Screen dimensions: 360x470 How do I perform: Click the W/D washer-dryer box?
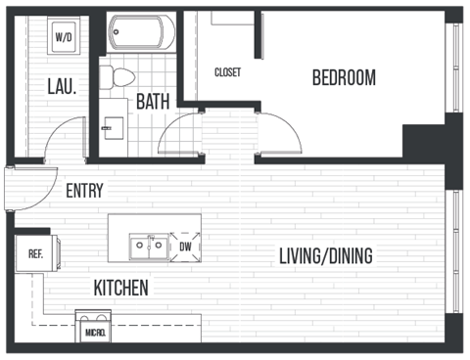[x=65, y=36]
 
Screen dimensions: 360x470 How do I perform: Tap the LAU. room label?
[x=62, y=86]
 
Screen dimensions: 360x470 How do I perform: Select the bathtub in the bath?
[x=141, y=32]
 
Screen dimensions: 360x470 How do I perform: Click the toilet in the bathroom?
[x=120, y=75]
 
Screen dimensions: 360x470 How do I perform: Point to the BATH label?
[x=153, y=101]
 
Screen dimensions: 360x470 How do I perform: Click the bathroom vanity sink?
[x=115, y=126]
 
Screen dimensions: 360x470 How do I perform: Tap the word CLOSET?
[x=228, y=72]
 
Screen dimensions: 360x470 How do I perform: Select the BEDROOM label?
[x=344, y=78]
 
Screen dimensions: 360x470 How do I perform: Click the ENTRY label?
[x=84, y=192]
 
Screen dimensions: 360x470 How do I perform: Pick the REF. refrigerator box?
[x=35, y=254]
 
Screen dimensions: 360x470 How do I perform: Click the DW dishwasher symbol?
[x=185, y=247]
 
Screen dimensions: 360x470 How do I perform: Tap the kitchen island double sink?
[x=149, y=247]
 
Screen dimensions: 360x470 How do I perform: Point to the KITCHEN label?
[x=120, y=289]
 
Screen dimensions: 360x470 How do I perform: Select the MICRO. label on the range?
[x=95, y=333]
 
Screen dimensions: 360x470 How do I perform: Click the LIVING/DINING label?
[x=326, y=257]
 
